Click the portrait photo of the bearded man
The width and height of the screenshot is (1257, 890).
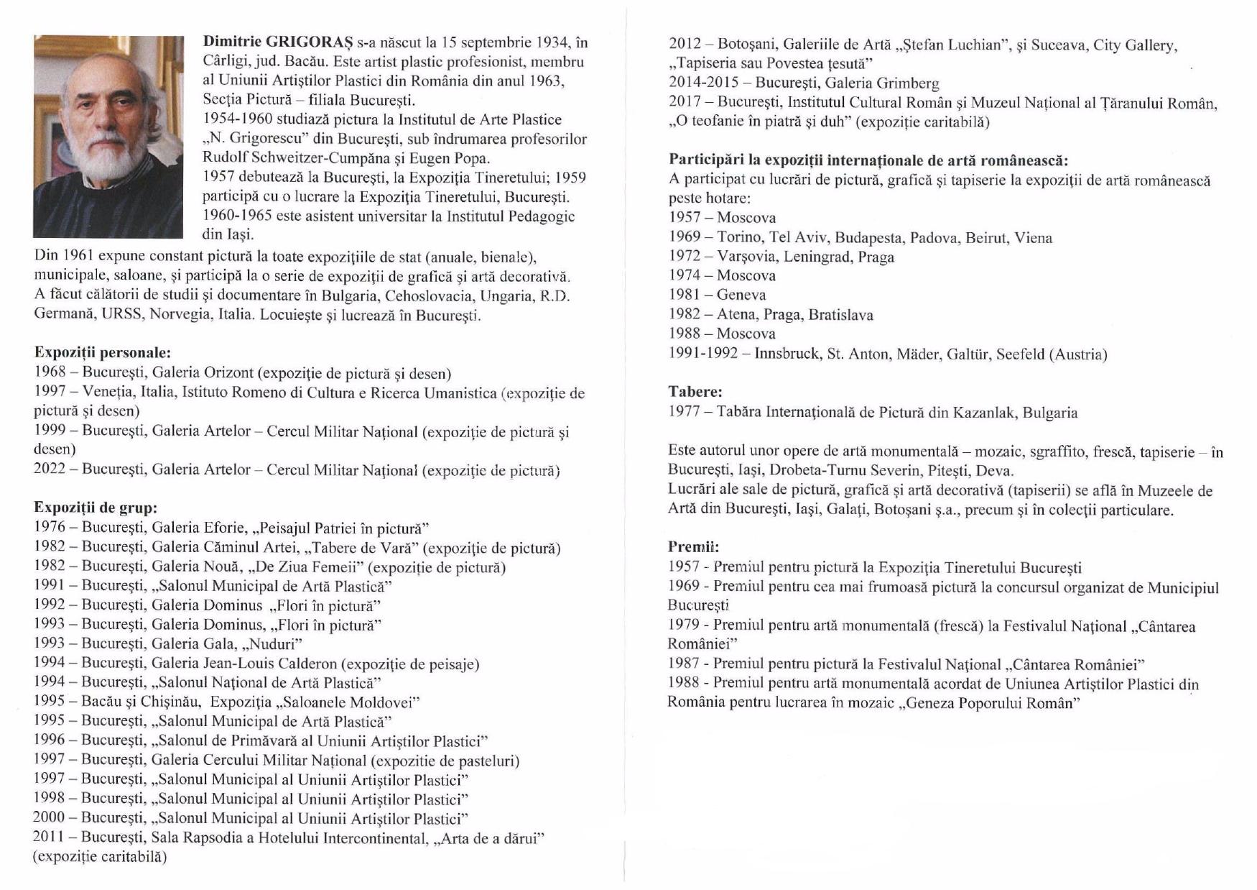(x=108, y=137)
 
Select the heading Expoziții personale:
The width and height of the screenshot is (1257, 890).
(x=103, y=352)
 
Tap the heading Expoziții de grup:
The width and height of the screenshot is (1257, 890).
(x=96, y=508)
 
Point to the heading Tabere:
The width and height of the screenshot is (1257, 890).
(x=695, y=392)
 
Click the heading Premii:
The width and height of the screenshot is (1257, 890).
(x=693, y=546)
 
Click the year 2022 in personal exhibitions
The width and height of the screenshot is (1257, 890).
(x=50, y=470)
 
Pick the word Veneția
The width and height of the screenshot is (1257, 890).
(x=108, y=393)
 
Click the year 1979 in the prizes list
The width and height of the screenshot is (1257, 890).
(x=684, y=626)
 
